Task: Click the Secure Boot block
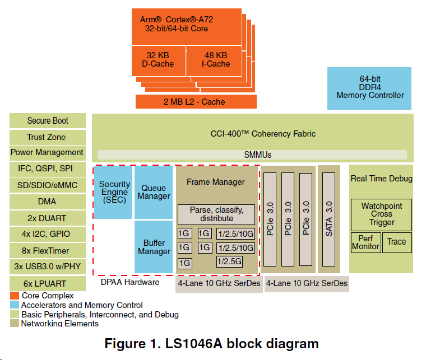(x=48, y=120)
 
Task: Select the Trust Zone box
(x=48, y=137)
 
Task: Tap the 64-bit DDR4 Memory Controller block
(x=369, y=88)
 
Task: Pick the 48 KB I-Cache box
(x=216, y=60)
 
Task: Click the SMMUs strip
(x=252, y=155)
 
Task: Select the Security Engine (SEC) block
(x=114, y=192)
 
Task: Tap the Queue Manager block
(x=154, y=192)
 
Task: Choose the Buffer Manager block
(x=154, y=247)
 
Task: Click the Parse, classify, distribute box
(x=216, y=214)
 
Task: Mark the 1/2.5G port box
(x=229, y=260)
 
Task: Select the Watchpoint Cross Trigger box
(x=381, y=214)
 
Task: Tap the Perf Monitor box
(x=365, y=242)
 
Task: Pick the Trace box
(x=396, y=242)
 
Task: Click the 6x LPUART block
(x=48, y=284)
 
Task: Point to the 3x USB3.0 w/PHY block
(x=48, y=267)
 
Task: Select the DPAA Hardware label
(x=130, y=282)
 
